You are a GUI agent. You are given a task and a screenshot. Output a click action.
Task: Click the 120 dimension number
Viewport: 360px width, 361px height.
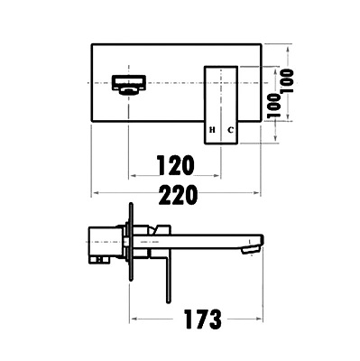(x=177, y=165)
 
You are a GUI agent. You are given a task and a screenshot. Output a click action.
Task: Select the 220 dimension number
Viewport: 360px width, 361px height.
(x=178, y=195)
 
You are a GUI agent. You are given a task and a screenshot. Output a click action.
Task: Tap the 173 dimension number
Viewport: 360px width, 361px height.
(x=203, y=319)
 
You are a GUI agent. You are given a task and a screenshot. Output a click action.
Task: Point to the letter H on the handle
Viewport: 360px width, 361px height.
(x=212, y=130)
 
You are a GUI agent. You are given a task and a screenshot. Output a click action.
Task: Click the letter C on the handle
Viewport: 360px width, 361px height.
(x=230, y=130)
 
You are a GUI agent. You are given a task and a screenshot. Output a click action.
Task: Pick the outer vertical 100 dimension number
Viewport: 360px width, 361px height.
(x=287, y=81)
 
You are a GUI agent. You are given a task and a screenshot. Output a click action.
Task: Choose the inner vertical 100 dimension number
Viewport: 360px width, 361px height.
(x=273, y=106)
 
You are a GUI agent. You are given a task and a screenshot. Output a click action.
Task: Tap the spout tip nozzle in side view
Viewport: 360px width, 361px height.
(x=251, y=249)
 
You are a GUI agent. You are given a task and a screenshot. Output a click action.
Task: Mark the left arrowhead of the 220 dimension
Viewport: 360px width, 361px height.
(x=96, y=192)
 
